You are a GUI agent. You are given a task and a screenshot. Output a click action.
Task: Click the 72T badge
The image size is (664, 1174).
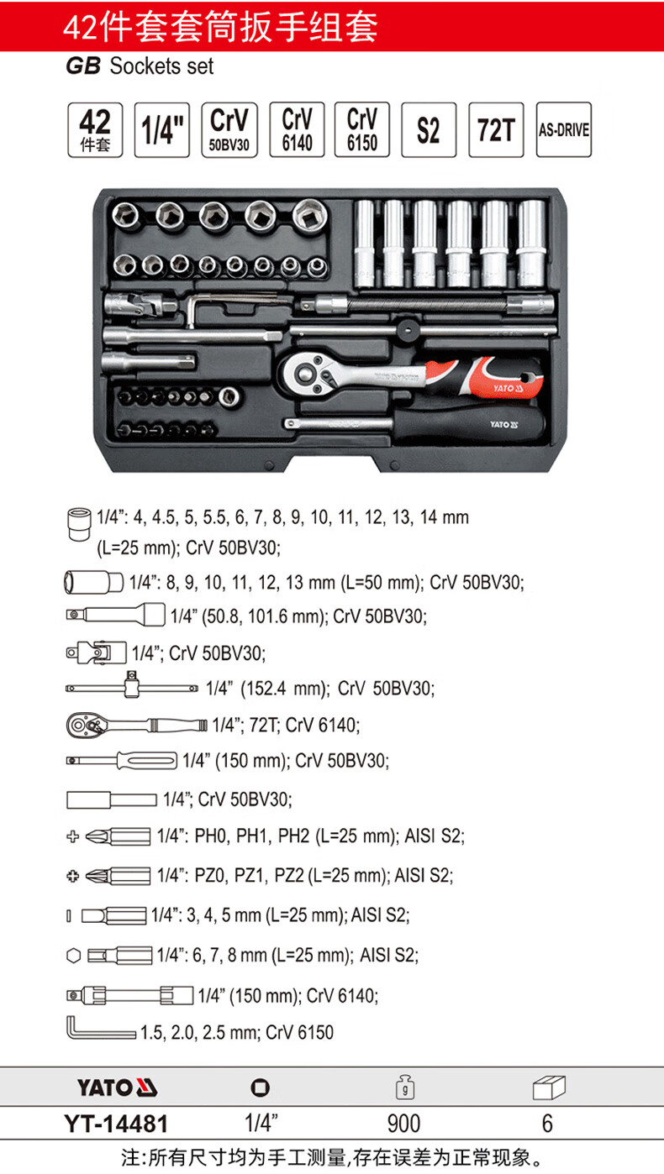495,129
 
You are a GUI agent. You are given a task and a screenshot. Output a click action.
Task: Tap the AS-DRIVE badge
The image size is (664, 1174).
563,129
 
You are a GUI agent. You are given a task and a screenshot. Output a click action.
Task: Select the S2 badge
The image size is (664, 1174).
429,129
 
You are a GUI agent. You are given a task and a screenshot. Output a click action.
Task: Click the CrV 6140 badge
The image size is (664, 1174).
297,129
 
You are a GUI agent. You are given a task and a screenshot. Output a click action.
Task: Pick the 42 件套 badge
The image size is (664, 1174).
95,129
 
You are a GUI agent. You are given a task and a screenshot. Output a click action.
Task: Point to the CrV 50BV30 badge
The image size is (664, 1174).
229,129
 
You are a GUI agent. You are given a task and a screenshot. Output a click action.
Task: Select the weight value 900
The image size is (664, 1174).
403,1124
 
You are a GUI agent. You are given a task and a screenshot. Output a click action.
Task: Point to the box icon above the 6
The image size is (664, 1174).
548,1089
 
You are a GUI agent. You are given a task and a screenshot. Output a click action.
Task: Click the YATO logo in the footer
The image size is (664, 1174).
117,1089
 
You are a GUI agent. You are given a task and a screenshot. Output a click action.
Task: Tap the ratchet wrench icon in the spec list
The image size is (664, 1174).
134,724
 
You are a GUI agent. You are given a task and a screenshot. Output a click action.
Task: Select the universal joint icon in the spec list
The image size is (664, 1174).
95,652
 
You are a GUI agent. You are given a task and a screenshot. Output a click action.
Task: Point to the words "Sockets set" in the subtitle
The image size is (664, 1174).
162,66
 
